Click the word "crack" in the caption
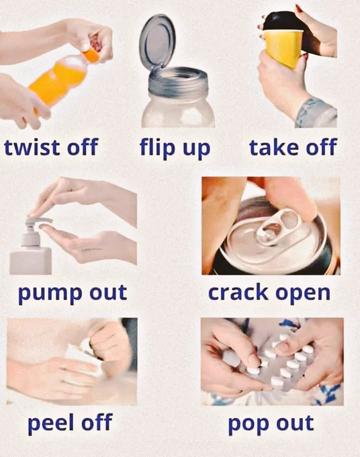pos(238,292)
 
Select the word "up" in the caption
pos(196,149)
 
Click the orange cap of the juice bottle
pos(91,54)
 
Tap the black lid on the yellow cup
pos(281,21)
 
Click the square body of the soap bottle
pos(30,260)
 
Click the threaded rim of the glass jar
pos(178,81)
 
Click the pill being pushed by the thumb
pos(253,370)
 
